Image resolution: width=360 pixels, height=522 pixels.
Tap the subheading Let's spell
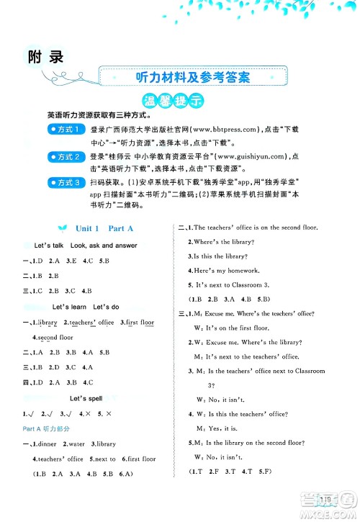pos(89,397)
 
